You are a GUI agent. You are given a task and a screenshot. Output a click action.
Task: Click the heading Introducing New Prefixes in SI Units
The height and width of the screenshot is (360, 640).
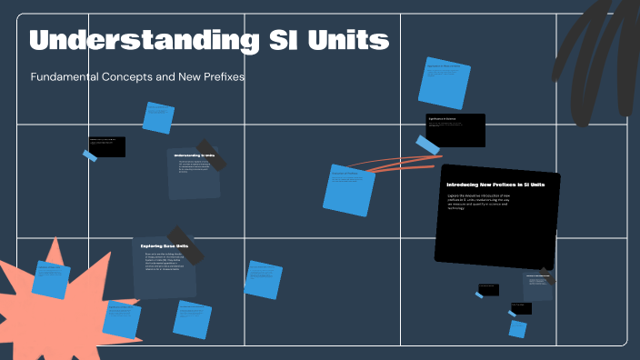pyautogui.click(x=495, y=185)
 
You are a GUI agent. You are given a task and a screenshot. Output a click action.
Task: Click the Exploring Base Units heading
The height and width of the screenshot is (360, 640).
pyautogui.click(x=164, y=245)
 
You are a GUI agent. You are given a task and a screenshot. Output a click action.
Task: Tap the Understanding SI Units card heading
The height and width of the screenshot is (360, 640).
pyautogui.click(x=195, y=155)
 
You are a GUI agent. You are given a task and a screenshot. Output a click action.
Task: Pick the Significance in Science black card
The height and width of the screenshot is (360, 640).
pyautogui.click(x=455, y=129)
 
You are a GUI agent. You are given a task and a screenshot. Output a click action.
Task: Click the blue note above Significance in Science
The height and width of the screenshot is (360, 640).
pyautogui.click(x=444, y=82)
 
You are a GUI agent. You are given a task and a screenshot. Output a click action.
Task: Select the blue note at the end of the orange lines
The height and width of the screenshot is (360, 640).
pyautogui.click(x=349, y=189)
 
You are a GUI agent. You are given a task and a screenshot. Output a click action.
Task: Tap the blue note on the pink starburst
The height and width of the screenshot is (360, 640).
pyautogui.click(x=51, y=279)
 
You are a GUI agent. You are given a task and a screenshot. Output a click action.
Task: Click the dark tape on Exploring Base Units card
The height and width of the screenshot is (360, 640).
pyautogui.click(x=185, y=244)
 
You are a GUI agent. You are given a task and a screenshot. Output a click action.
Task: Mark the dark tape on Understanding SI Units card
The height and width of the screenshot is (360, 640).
pyautogui.click(x=211, y=154)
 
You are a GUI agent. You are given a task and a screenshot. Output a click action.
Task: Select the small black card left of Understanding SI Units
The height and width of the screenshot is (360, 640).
pyautogui.click(x=107, y=146)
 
